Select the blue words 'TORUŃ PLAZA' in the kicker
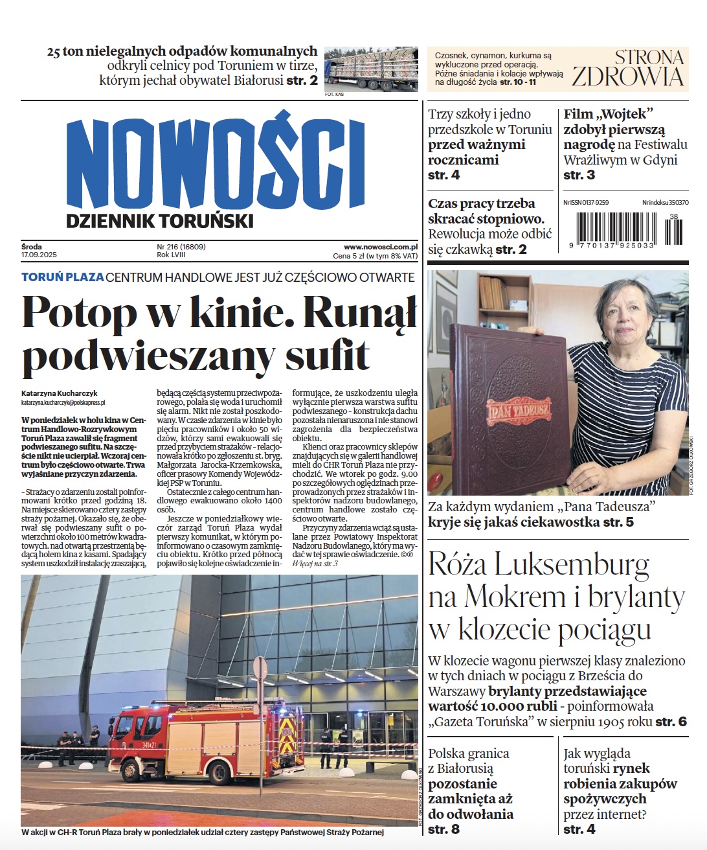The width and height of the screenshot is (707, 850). (63, 277)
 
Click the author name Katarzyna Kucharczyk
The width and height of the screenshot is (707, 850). (59, 393)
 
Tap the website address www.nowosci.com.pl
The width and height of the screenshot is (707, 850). (380, 247)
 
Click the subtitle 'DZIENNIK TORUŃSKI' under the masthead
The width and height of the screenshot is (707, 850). (159, 221)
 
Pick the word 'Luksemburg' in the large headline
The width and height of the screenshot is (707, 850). (571, 565)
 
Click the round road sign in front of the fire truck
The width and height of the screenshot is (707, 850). (260, 668)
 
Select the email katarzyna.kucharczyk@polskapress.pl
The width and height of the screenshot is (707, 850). (58, 402)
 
